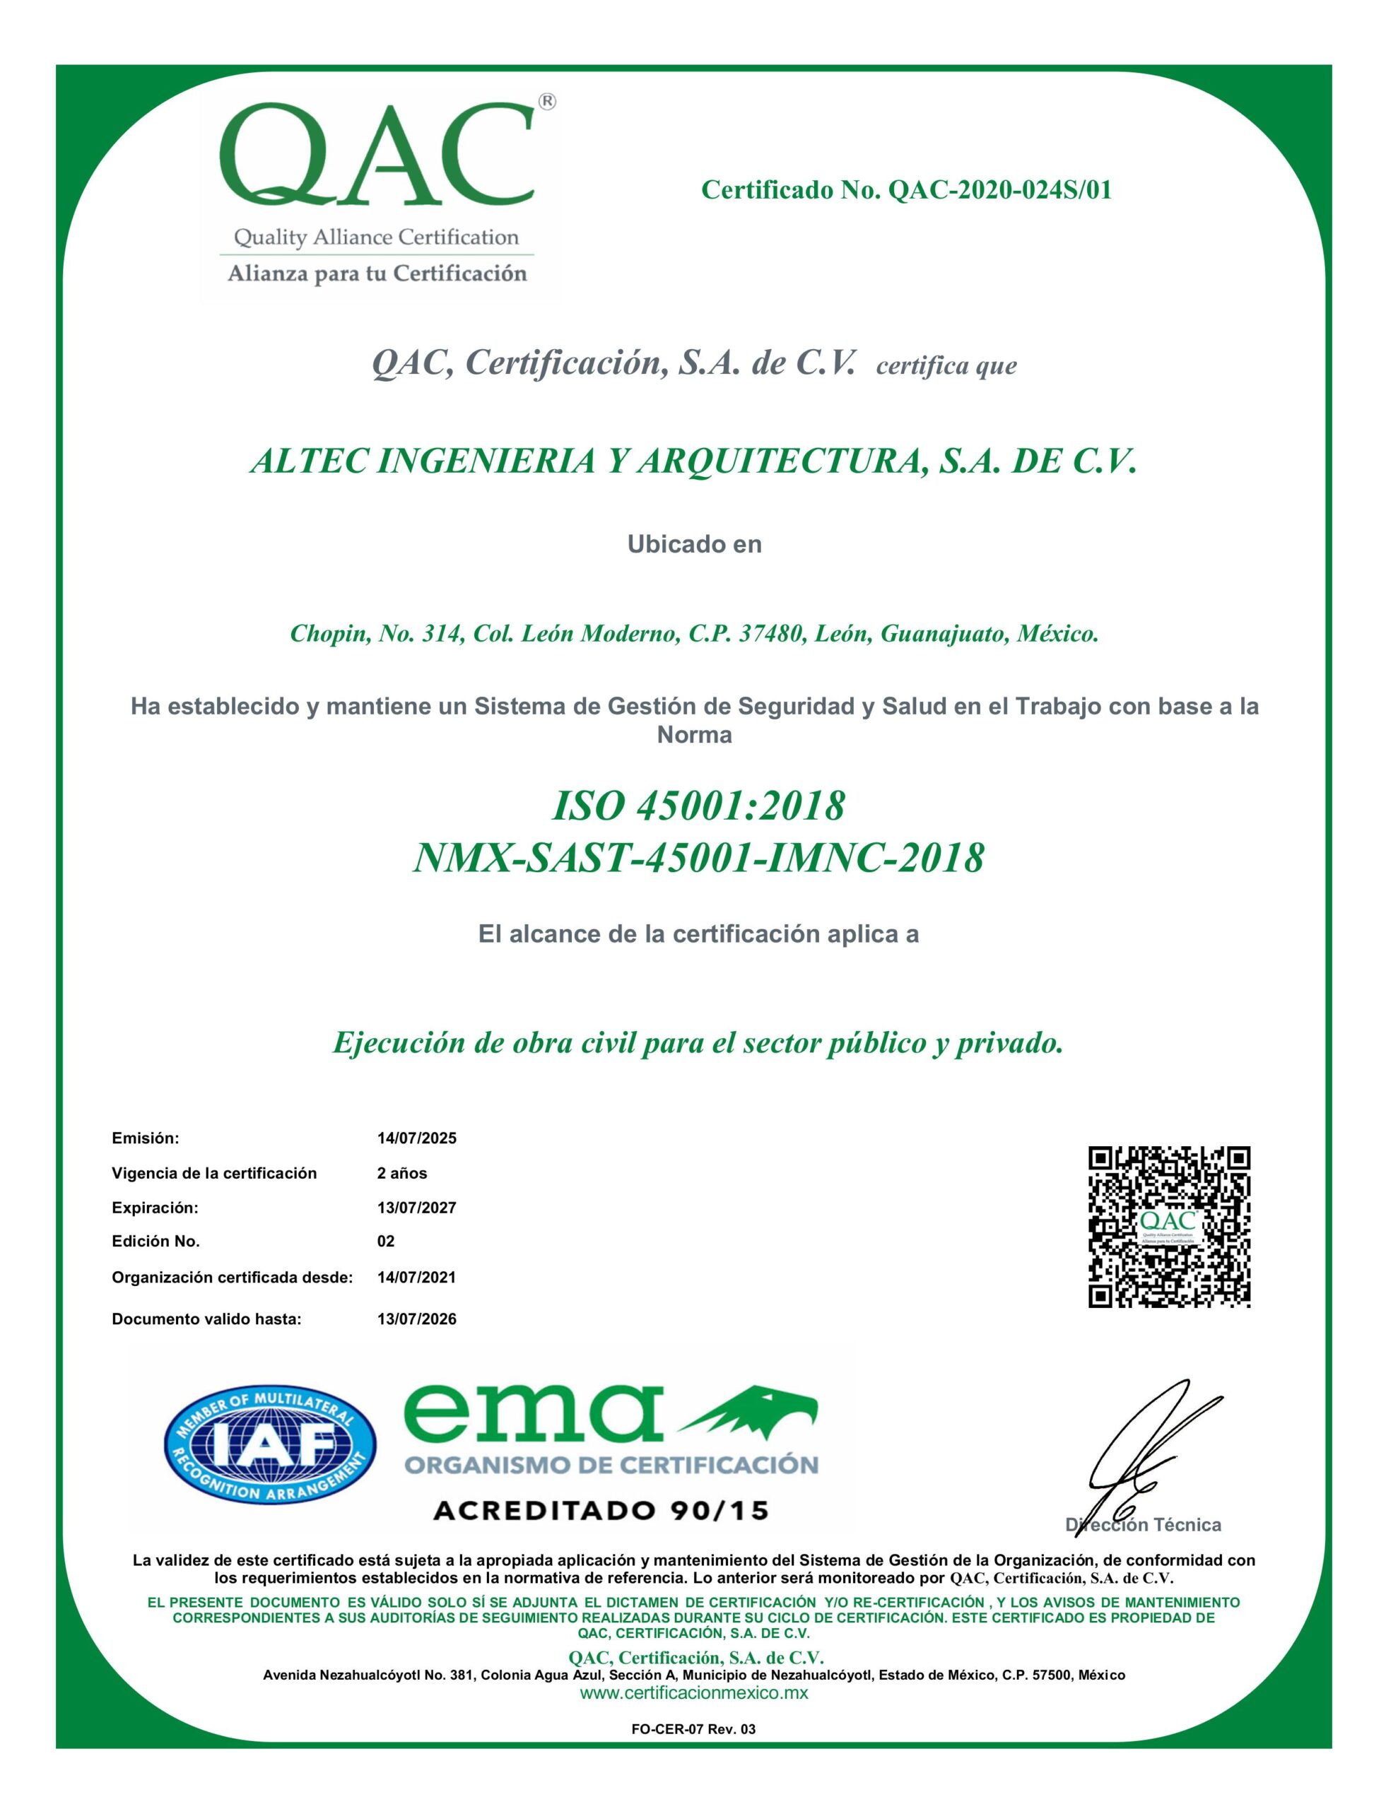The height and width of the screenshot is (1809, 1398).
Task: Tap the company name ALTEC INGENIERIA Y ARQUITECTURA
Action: tap(692, 461)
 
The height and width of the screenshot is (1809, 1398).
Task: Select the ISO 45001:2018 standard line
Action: tap(698, 805)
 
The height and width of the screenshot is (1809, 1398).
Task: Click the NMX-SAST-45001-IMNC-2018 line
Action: tap(698, 858)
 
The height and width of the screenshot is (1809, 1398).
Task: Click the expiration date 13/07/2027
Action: tap(416, 1208)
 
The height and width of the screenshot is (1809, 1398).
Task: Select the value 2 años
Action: tap(402, 1173)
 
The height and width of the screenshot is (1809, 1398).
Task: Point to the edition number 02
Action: tap(385, 1242)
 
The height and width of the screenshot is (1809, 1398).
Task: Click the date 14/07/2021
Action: tap(416, 1277)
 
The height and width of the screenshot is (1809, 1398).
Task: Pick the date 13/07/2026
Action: tap(416, 1319)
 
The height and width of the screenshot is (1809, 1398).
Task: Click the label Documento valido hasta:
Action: tap(206, 1319)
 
